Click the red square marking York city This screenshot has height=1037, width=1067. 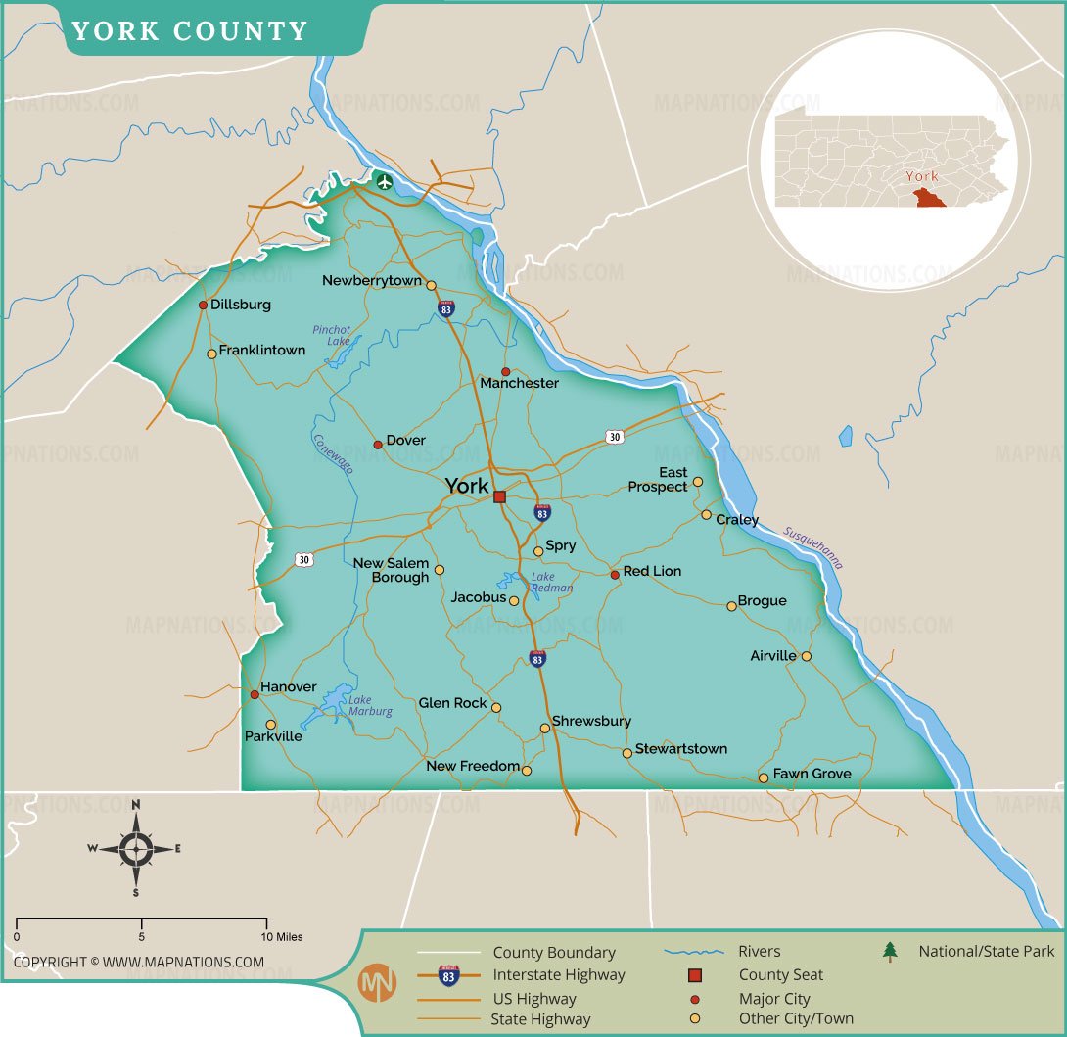(499, 497)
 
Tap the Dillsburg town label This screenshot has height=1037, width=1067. (240, 305)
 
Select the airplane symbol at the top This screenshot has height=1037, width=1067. (384, 181)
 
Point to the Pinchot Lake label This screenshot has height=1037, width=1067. (332, 335)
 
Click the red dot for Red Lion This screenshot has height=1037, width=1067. (615, 575)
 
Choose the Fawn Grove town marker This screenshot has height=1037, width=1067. (764, 778)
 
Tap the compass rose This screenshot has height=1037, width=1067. (136, 849)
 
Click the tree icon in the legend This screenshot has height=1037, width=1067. (890, 951)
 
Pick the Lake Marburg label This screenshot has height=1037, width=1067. (370, 706)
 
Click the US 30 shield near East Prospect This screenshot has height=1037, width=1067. (614, 437)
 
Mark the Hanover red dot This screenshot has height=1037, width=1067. (254, 694)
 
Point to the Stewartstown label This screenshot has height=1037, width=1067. (681, 749)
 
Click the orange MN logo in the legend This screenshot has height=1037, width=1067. (378, 982)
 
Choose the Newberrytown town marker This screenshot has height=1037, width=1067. (431, 283)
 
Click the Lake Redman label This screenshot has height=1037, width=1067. (551, 583)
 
